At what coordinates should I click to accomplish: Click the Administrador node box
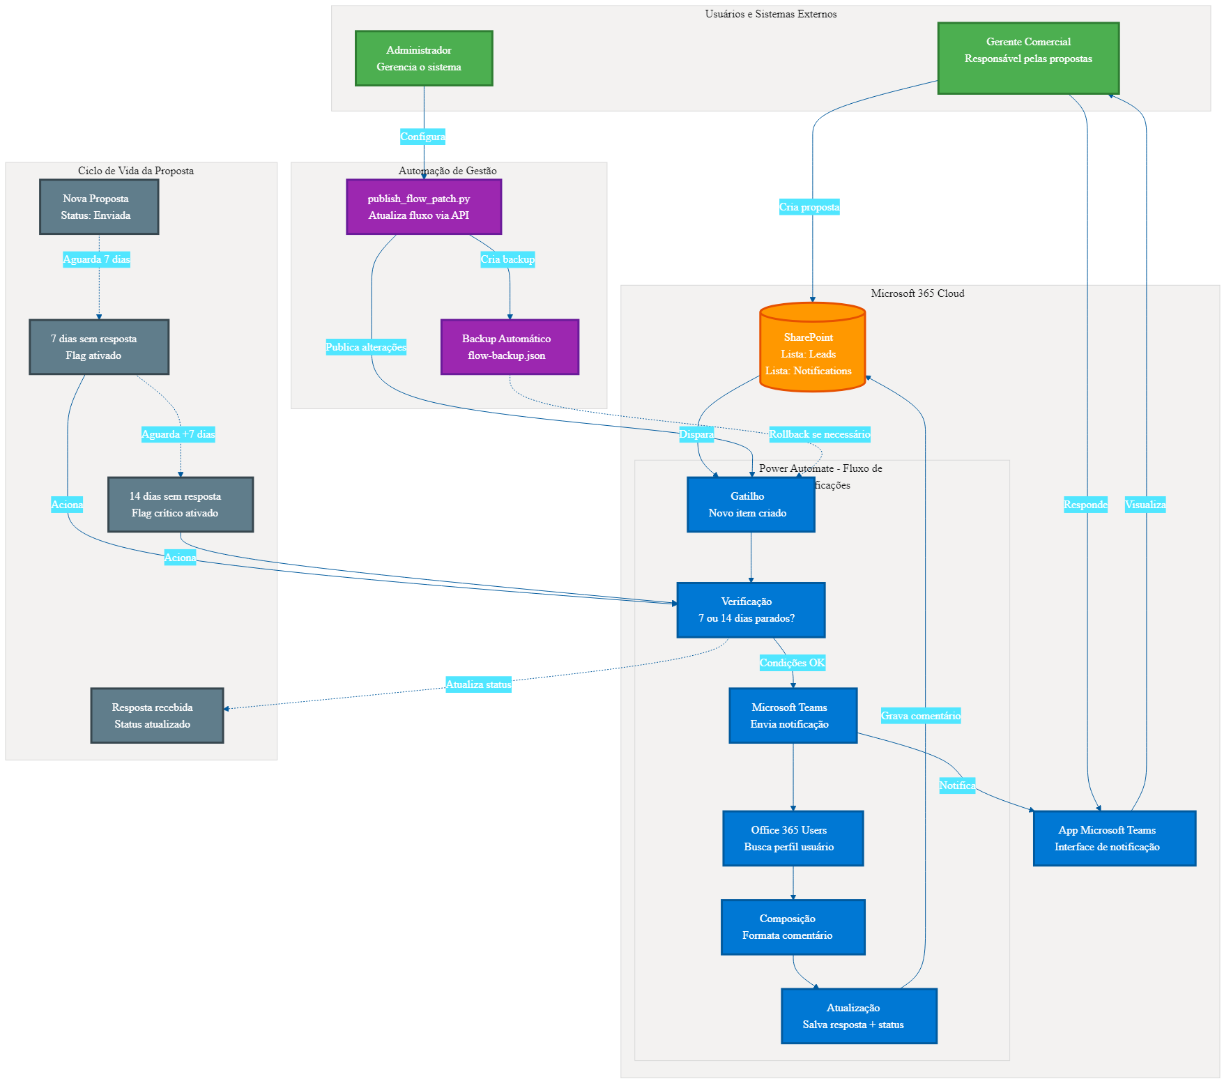(x=424, y=59)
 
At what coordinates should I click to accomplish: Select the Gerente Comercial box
(x=1028, y=59)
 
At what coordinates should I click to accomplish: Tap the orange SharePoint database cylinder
(x=812, y=348)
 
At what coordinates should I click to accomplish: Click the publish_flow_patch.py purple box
(x=424, y=207)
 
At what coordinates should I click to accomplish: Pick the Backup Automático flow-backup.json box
(x=510, y=347)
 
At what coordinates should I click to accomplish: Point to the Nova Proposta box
(x=99, y=207)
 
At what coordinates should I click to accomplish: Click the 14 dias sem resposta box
(x=181, y=505)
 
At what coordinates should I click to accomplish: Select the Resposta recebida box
(x=157, y=716)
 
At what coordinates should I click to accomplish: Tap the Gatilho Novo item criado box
(x=751, y=505)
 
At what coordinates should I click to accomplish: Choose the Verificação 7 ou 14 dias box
(x=751, y=610)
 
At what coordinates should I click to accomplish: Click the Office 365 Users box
(x=793, y=838)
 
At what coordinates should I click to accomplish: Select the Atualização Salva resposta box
(x=859, y=1016)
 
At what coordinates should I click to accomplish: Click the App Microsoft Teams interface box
(x=1114, y=838)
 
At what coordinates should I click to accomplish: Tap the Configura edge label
(x=422, y=137)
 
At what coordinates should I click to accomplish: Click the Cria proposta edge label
(x=809, y=207)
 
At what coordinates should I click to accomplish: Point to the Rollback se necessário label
(x=819, y=434)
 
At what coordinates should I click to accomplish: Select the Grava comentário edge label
(x=920, y=716)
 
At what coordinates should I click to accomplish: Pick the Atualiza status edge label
(x=478, y=684)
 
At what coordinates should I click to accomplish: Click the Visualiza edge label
(x=1145, y=505)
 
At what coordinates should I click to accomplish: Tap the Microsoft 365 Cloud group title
(x=917, y=293)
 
